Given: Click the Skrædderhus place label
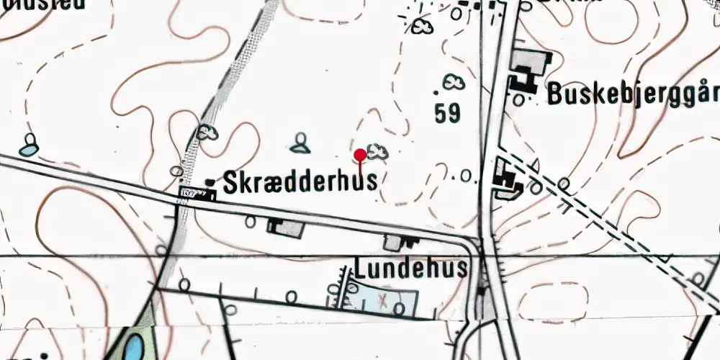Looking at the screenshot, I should pos(300,181).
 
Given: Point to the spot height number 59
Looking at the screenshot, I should pos(448,113).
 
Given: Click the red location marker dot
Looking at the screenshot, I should pos(360,153).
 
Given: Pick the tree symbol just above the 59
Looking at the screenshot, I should pos(454,83).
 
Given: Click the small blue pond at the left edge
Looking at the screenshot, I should pos(27,150).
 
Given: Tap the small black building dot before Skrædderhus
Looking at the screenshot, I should pos(210,182).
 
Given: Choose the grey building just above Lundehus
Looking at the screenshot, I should pos(395,243).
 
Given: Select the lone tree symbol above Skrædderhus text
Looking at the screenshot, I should pos(301,143).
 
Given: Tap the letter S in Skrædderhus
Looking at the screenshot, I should pos(230,181).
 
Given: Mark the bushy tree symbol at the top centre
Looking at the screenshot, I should pos(423,27).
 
